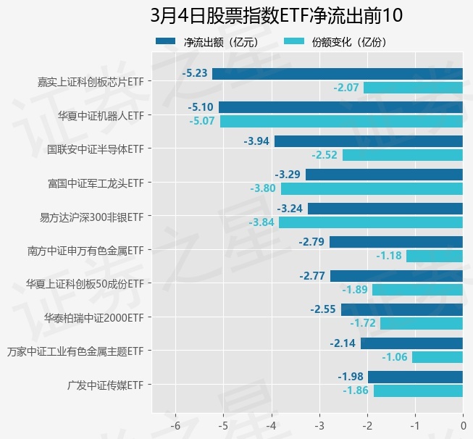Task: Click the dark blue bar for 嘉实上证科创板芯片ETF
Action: coord(338,73)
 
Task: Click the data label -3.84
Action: coord(261,222)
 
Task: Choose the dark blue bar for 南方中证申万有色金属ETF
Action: coord(396,242)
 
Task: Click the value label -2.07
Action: coord(346,88)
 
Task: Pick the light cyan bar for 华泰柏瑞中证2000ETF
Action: coord(422,324)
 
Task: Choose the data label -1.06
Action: coord(395,357)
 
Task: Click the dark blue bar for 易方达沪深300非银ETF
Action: coord(385,209)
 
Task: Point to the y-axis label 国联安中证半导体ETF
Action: coord(95,149)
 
